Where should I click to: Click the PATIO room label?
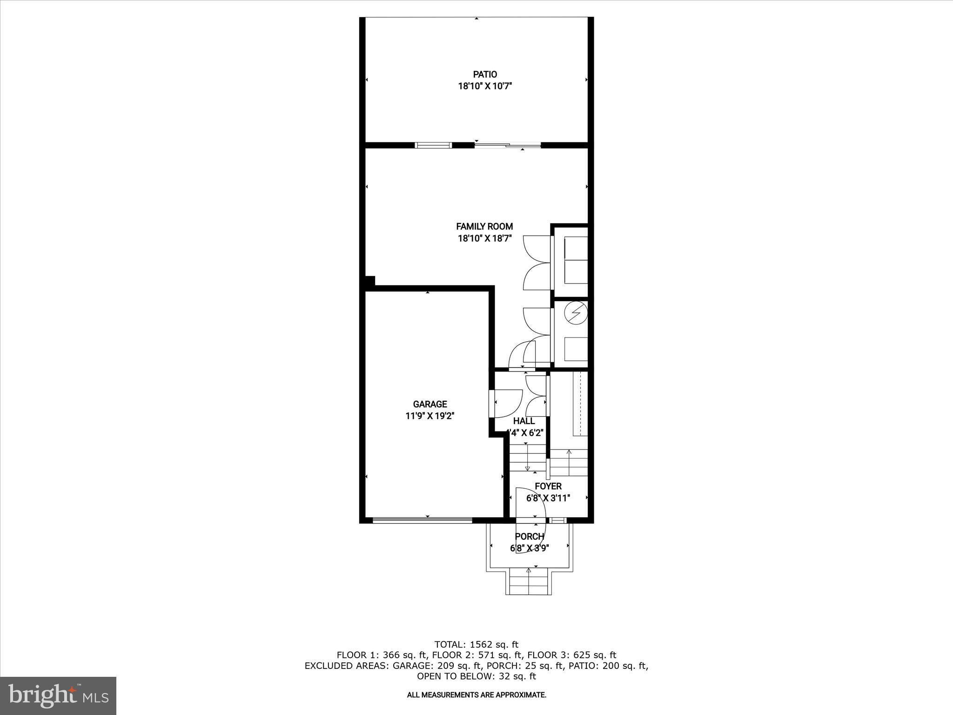[485, 74]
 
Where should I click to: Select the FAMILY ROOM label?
[484, 227]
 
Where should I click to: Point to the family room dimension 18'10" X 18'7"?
[484, 239]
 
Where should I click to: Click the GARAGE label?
[430, 405]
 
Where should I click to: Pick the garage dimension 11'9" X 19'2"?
[430, 416]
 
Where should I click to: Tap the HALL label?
[524, 421]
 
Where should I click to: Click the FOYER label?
[548, 486]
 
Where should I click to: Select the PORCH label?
[530, 537]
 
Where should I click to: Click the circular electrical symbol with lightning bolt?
[576, 312]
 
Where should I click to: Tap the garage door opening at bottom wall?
[423, 520]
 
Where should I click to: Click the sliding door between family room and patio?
[508, 145]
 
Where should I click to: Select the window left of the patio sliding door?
[433, 145]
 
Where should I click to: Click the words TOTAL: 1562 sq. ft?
[476, 645]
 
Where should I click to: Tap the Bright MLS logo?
[58, 696]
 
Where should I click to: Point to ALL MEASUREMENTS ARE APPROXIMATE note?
[476, 695]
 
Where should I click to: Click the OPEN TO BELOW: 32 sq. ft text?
[476, 676]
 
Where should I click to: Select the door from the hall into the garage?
[492, 404]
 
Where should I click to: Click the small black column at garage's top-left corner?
[369, 282]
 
